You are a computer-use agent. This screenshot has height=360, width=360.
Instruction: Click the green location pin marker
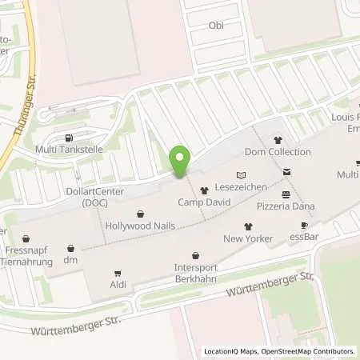coord(180,161)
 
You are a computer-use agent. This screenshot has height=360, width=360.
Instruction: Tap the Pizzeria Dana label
coord(286,206)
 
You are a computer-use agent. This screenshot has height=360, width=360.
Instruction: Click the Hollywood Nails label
coord(140,226)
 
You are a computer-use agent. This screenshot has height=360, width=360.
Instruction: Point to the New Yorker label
coord(248,238)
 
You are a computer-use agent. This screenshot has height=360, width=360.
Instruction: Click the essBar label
coord(303,237)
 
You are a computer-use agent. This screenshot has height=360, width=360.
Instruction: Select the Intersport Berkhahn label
coord(195,273)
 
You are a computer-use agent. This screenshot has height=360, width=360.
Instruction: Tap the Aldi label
coord(118,285)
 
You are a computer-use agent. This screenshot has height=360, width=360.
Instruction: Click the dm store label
coord(70,259)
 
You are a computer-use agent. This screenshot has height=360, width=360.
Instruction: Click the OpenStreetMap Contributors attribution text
coord(312,351)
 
